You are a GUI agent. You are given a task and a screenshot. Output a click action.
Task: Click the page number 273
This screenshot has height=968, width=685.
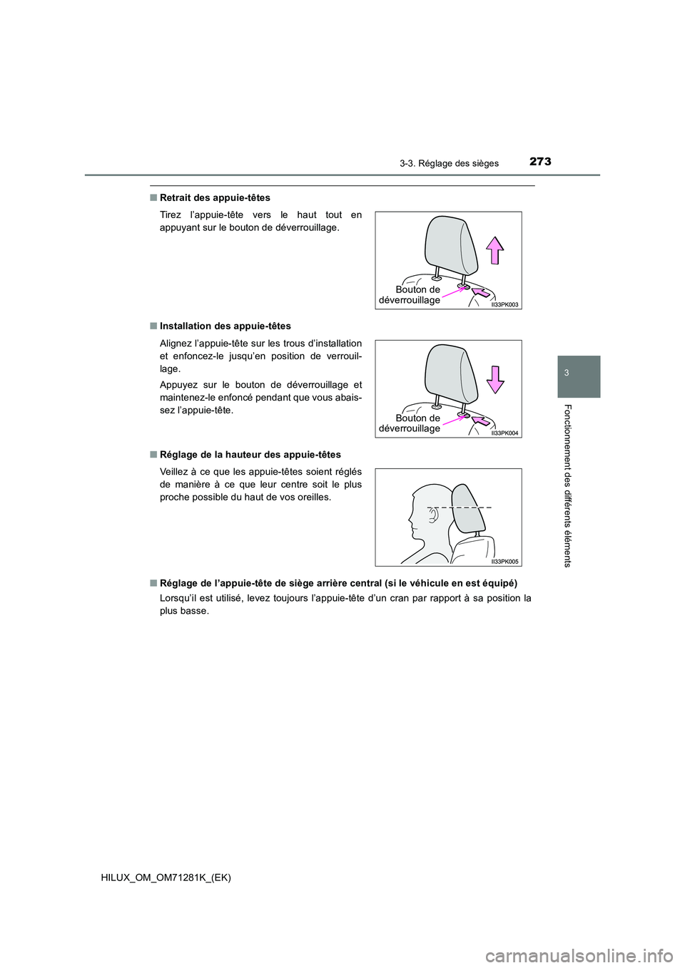[x=540, y=161]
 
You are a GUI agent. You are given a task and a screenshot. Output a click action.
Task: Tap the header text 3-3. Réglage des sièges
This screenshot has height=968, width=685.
[x=449, y=163]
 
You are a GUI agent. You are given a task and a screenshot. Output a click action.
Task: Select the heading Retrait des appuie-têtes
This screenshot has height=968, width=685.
[x=215, y=197]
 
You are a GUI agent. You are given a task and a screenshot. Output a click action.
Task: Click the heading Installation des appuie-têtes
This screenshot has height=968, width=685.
[x=225, y=326]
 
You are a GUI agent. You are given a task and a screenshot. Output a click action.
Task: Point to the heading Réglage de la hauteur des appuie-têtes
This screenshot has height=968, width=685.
[x=250, y=454]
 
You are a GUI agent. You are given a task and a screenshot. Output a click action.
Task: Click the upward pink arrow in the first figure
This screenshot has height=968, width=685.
[x=494, y=250]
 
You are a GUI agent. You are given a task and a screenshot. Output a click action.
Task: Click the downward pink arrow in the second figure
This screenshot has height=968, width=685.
[x=494, y=379]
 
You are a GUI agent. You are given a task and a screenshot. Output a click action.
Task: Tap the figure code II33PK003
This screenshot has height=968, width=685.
[x=504, y=304]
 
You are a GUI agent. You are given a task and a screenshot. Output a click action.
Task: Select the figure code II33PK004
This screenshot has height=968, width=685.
[x=504, y=433]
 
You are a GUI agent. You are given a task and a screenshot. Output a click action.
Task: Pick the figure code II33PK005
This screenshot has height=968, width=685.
[x=504, y=562]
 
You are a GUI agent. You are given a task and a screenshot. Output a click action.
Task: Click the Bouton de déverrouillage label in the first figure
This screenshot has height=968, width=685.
[x=410, y=294]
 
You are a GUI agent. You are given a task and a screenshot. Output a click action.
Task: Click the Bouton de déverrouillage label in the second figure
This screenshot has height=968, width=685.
[x=410, y=423]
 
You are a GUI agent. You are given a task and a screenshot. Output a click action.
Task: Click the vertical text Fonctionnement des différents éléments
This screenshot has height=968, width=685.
[x=567, y=485]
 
